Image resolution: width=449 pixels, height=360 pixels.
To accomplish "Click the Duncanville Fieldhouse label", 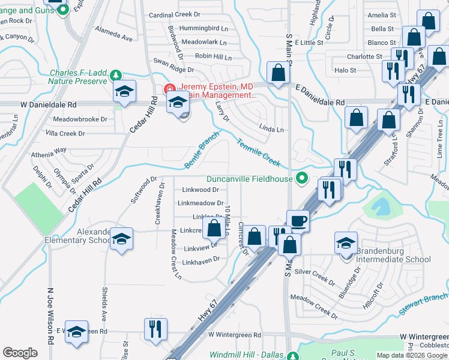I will (x=249, y=179).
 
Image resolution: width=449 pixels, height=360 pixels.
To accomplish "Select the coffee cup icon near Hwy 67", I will (x=298, y=221).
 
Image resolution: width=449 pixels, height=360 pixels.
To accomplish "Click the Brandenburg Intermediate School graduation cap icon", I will (x=346, y=243).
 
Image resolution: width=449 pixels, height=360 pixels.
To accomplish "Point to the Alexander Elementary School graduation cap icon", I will (x=121, y=240).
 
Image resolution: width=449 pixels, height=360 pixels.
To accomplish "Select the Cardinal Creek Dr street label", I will (x=174, y=14).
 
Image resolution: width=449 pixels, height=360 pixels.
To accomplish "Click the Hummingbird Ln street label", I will (x=187, y=28).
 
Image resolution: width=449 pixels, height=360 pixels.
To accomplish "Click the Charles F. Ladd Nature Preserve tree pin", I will (x=115, y=76).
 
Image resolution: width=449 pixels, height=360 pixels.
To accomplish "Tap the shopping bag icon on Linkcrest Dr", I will (x=214, y=229).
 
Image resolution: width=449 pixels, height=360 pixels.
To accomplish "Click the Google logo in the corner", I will (x=20, y=353).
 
